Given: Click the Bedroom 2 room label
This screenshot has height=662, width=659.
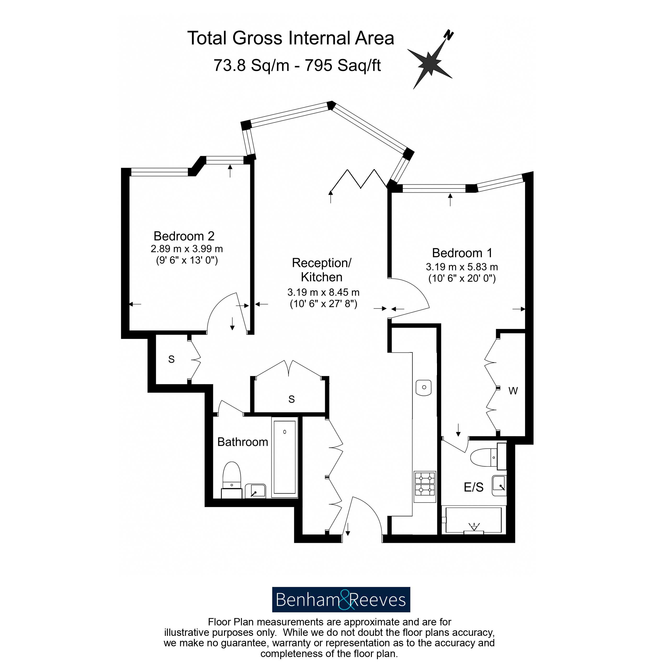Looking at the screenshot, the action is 184,236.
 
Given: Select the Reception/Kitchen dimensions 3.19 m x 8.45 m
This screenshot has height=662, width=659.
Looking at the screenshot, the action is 323,292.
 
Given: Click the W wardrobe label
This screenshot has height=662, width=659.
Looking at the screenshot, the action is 513,391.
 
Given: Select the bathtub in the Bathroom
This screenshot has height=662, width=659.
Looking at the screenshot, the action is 285,457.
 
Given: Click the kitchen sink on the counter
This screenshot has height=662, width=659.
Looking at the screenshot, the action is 424,387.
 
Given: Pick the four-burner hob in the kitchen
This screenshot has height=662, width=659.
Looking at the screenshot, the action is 425,484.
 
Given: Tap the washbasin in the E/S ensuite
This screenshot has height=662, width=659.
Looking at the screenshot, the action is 499,486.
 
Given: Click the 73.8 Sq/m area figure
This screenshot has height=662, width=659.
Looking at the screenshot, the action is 251,65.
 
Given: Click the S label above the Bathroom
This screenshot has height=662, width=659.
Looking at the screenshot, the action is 292,399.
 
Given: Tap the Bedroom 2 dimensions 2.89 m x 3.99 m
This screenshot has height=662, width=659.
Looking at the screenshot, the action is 187,249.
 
